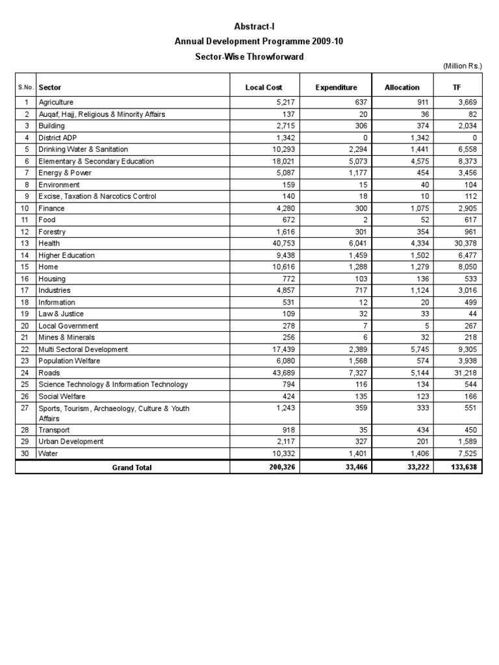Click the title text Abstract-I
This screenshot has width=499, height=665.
(250, 26)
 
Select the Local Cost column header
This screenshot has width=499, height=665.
(263, 87)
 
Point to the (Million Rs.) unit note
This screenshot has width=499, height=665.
(463, 66)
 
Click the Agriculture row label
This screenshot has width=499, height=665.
(56, 103)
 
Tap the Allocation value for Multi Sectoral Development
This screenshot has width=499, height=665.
(411, 349)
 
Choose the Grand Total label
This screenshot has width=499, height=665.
(132, 468)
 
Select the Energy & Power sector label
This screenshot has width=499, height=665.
(65, 173)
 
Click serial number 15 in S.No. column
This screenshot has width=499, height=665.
(26, 267)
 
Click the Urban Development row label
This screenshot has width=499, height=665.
(71, 442)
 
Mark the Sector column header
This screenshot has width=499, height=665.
(50, 87)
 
